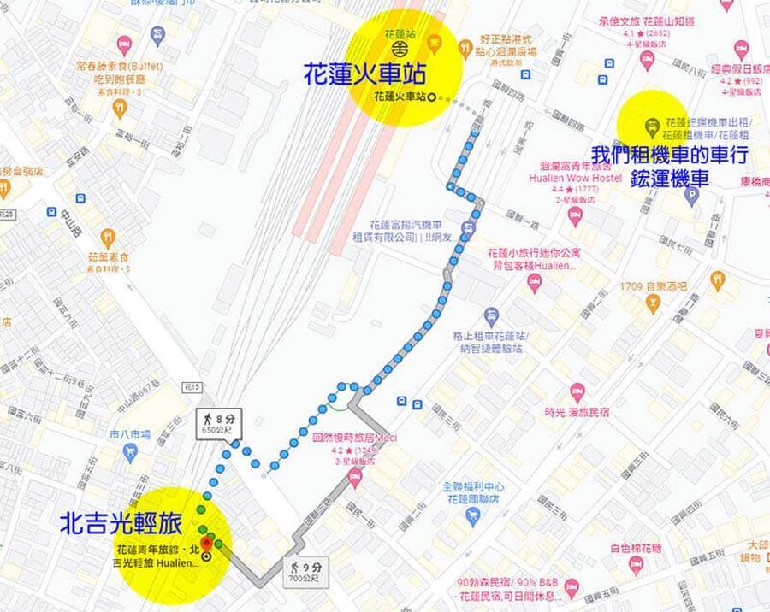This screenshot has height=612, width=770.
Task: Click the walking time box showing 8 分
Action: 219,423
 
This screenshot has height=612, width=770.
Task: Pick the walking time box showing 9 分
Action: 305,571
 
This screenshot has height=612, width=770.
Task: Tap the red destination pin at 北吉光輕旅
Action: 206,544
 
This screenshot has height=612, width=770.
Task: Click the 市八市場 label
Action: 129,434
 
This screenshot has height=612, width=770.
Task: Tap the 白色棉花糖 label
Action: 634,548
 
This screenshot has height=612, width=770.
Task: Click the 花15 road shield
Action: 192,388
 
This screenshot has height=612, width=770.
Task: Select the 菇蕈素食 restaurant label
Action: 107,256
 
